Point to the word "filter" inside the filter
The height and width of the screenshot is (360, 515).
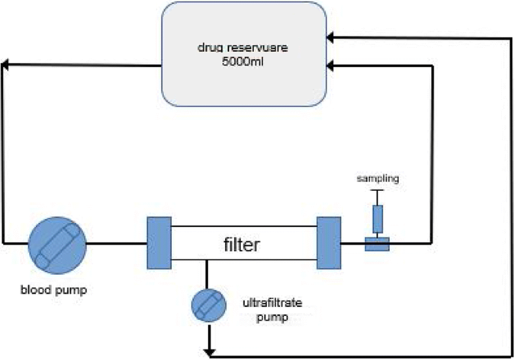(243, 246)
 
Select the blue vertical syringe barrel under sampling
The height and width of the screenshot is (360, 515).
(377, 218)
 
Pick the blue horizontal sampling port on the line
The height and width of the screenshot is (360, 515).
(377, 244)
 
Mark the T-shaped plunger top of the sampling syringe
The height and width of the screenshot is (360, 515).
(377, 191)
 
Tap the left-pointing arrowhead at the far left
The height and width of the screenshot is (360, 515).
(5, 64)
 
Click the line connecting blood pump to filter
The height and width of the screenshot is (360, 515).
(116, 243)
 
